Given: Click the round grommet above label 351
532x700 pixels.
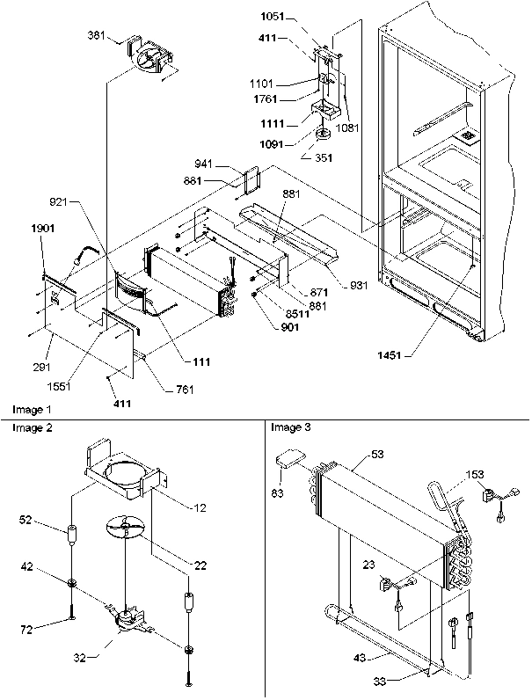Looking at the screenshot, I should (x=322, y=134).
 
